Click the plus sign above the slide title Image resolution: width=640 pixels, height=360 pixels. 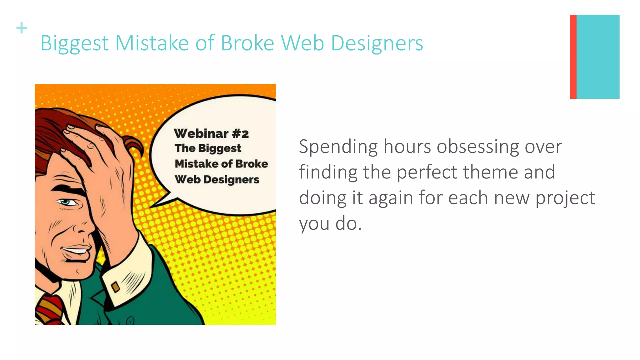point(22,28)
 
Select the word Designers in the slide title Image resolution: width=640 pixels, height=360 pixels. point(377,43)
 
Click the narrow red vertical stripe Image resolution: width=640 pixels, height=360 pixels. point(573,57)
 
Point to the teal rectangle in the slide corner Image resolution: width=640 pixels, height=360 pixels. point(598,57)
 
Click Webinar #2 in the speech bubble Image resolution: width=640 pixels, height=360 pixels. point(211,134)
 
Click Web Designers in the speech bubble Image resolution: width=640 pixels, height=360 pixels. point(217,180)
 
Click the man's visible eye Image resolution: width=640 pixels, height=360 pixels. point(66,202)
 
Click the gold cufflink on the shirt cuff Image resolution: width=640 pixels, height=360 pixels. point(116,287)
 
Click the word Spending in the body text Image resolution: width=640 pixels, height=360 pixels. point(338,147)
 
